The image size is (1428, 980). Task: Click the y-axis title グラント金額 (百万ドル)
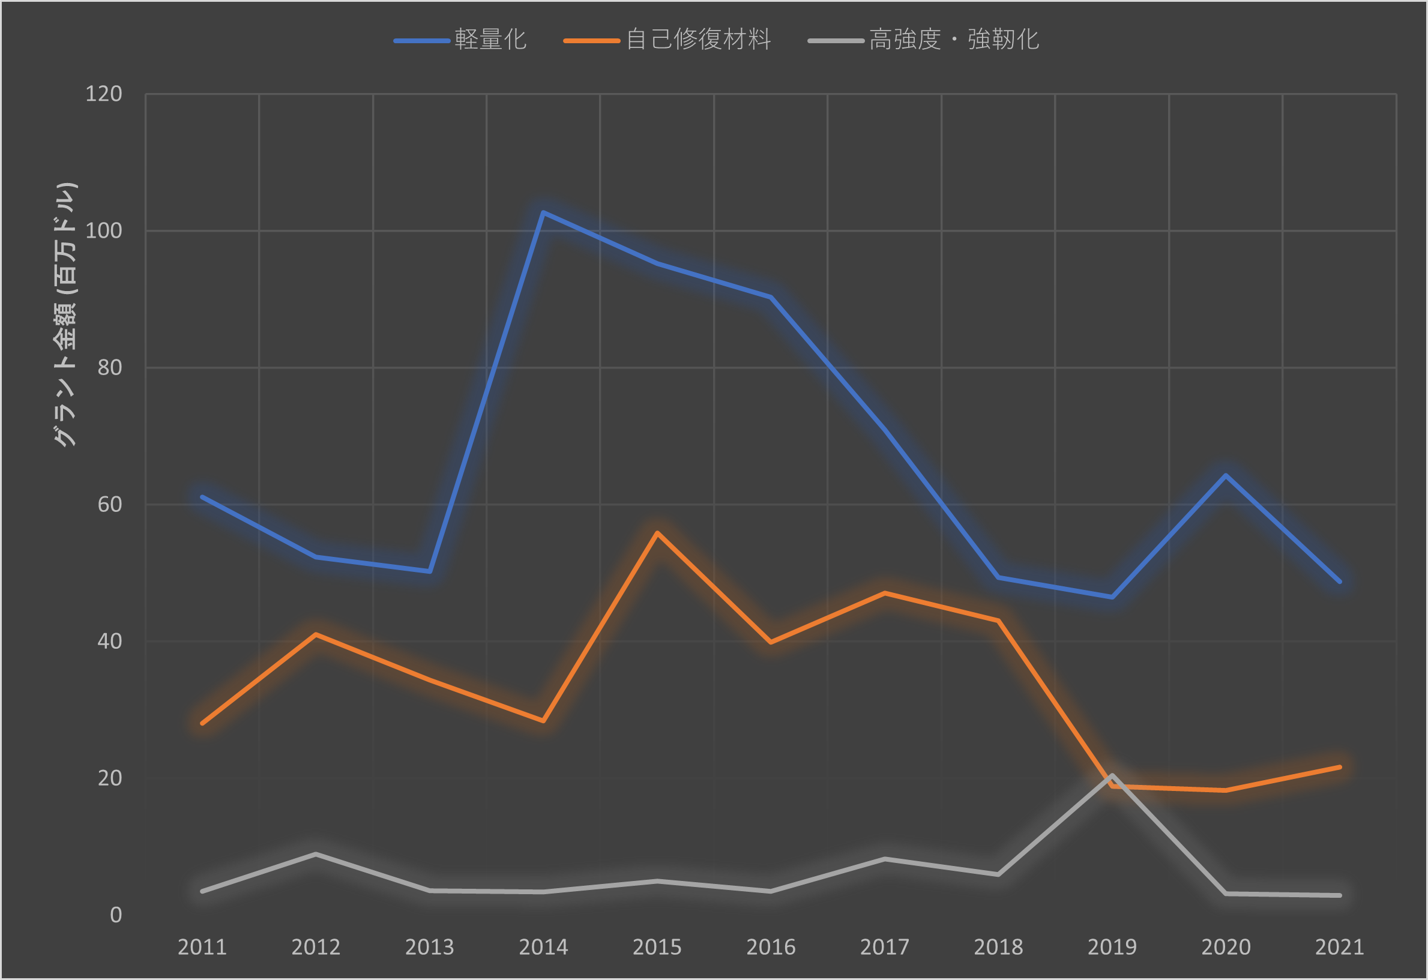coord(64,314)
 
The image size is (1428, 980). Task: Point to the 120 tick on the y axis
coord(103,94)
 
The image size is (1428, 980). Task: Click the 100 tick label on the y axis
coord(103,231)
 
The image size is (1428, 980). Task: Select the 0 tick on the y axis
coord(115,915)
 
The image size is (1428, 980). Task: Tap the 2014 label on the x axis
coord(543,947)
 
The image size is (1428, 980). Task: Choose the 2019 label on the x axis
coord(1112,947)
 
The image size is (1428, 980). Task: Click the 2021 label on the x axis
coord(1340,947)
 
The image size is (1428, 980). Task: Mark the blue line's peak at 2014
coord(543,212)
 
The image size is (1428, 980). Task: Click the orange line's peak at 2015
coord(657,533)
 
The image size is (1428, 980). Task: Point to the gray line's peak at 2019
coord(1112,775)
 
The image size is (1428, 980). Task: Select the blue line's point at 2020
coord(1226,475)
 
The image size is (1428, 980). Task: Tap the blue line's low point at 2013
coord(430,571)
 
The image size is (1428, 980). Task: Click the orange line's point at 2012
coord(316,634)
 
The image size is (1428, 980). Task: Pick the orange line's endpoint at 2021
coord(1340,767)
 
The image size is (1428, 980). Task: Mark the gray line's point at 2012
coord(316,854)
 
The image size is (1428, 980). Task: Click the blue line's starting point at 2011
coord(202,496)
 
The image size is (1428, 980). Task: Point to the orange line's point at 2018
coord(998,621)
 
